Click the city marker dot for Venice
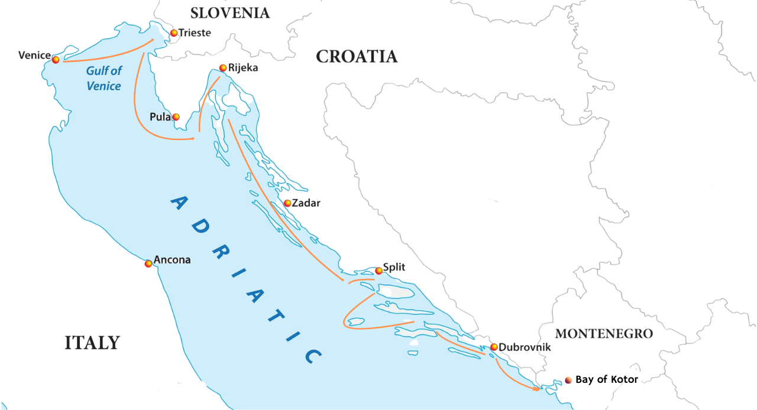point(56,60)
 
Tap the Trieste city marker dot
point(173,33)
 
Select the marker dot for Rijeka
point(223,68)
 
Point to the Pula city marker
point(176,117)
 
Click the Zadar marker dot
point(287,203)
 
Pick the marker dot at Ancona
point(148,263)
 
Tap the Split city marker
point(379,271)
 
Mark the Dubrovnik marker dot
point(494,347)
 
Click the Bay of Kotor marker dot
point(568,380)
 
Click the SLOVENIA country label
point(230,13)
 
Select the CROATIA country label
point(357,57)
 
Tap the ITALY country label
point(92,343)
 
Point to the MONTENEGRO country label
point(604,334)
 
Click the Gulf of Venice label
point(103,79)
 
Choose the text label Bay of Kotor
point(607,380)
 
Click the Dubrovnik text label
point(525,347)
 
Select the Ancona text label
point(172,260)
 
